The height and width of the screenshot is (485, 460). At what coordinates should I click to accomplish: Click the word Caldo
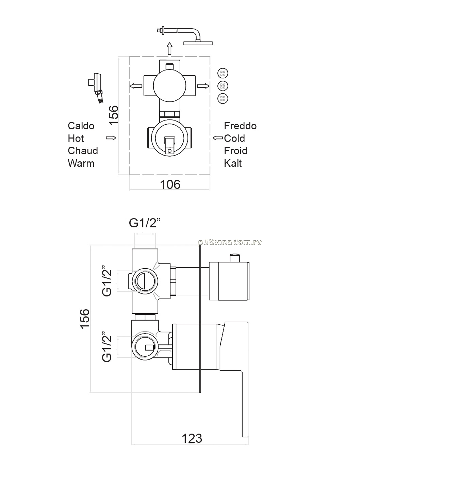point(81,126)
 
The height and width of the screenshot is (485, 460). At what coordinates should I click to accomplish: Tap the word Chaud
point(83,150)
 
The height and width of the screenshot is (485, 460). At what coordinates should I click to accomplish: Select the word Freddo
point(240,126)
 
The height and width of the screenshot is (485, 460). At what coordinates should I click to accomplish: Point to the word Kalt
point(233,163)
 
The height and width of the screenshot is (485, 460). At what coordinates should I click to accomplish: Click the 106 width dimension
point(170,184)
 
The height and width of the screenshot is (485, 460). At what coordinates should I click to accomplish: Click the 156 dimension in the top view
point(114,115)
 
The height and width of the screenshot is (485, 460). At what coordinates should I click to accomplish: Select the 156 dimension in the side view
point(85,319)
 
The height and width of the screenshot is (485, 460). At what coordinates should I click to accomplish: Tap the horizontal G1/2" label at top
point(145,223)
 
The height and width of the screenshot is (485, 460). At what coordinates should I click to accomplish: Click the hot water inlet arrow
point(111,138)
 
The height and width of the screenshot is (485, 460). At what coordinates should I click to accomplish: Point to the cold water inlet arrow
point(217,138)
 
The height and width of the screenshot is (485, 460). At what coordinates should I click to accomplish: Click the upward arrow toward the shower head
point(169,48)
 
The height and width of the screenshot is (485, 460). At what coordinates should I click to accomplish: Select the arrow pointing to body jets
point(203,86)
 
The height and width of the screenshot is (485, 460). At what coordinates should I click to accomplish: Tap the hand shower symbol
point(96,87)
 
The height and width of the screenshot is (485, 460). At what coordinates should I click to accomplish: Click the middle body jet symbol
point(223,86)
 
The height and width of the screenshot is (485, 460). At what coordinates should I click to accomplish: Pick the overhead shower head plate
point(198,43)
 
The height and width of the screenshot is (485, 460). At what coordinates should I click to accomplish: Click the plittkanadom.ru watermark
point(230,242)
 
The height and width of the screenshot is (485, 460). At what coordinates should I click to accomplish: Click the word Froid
point(235,150)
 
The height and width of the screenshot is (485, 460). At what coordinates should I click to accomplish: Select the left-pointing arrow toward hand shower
point(136,86)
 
